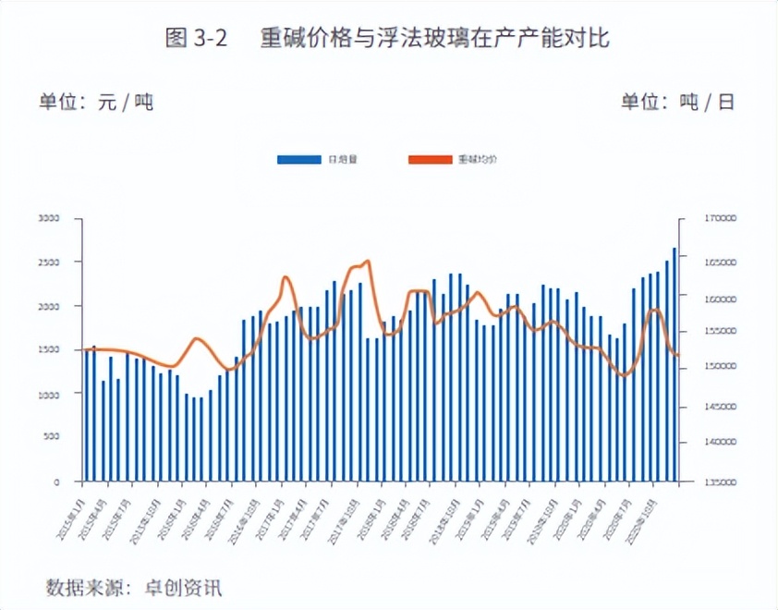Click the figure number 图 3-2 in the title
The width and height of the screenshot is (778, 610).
coord(196,39)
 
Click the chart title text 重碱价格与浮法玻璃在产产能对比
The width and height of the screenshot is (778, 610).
coord(435,39)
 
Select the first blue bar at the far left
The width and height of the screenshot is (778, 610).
coord(86,415)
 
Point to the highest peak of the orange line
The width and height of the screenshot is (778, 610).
coord(367,262)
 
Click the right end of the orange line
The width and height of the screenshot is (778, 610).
coord(678,355)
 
